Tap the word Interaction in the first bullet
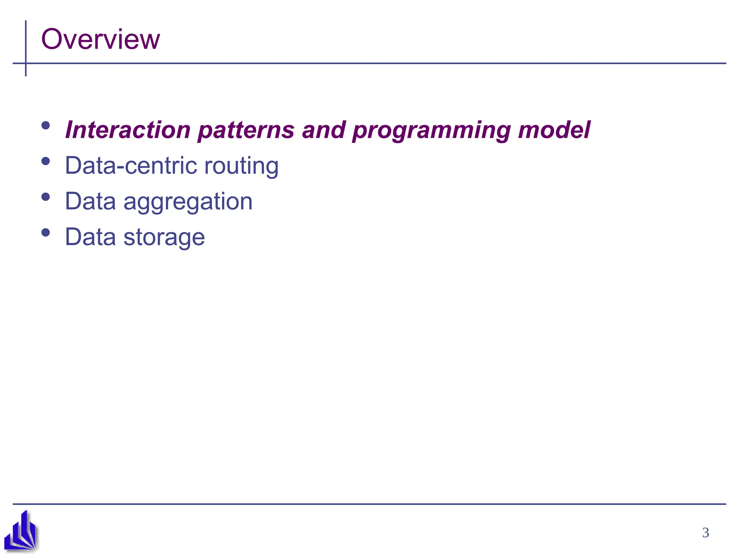tap(128, 130)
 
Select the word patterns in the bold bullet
tap(246, 131)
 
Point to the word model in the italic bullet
tap(554, 130)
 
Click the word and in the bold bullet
tap(324, 130)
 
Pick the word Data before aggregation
tap(90, 201)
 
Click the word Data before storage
tap(90, 237)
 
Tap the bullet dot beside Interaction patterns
tap(45, 126)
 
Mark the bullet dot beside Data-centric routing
tap(45, 161)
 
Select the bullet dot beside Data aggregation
tap(45, 197)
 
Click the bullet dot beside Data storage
tap(45, 233)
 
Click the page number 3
tap(705, 533)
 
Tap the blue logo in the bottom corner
tap(21, 531)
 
